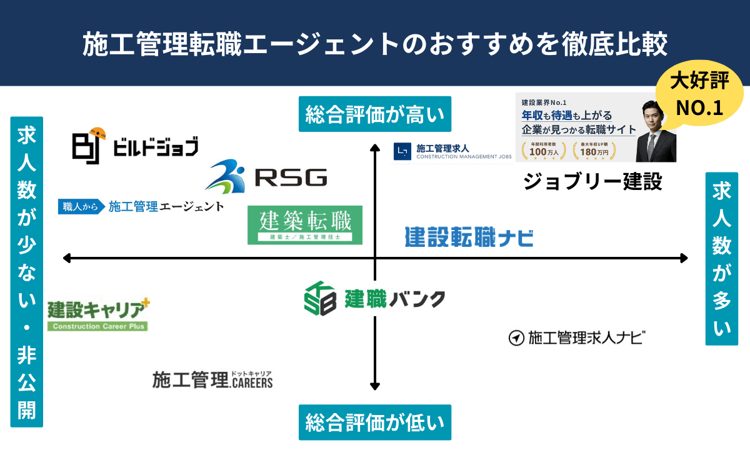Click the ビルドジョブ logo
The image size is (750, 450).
coord(135,146)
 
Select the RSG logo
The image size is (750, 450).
coord(266,177)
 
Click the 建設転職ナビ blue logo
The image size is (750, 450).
coord(469,237)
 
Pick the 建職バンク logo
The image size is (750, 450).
coord(374,297)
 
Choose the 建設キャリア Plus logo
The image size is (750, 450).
coord(99,314)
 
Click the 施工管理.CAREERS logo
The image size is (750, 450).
coord(212,379)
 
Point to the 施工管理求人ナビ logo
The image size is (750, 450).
coord(576,338)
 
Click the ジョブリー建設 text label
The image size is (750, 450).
coord(592,182)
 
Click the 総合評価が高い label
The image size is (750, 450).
coord(374,114)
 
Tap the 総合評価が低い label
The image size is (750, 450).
coord(374,423)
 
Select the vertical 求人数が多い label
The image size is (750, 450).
coord(721,259)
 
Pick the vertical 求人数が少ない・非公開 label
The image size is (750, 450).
coord(26,271)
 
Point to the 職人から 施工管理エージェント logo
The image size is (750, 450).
coord(141,206)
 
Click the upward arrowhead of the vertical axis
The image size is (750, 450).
coord(375,147)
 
